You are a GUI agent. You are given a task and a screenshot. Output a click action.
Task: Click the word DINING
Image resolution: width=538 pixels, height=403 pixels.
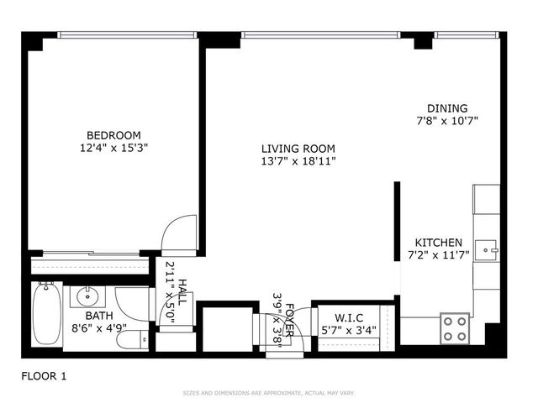tap(447, 108)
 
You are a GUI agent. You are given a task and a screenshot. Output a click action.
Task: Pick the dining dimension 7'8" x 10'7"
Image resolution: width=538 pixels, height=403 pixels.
tap(447, 121)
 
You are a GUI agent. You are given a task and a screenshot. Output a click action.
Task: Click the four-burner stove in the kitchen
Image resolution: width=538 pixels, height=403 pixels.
tap(456, 327)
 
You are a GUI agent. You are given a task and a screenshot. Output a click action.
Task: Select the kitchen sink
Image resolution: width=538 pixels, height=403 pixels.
tap(487, 250)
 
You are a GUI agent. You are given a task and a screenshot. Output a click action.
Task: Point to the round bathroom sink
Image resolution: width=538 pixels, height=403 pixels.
tap(87, 296)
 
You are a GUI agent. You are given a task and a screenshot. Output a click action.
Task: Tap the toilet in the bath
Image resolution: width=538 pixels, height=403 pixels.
tap(129, 339)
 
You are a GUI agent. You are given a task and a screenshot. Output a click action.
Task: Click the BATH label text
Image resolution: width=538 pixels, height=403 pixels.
tap(98, 316)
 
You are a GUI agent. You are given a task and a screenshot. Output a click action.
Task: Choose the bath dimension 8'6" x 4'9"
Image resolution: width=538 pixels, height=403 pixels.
tap(98, 328)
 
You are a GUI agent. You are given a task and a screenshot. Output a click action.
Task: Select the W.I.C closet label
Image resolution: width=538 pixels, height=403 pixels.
tap(348, 317)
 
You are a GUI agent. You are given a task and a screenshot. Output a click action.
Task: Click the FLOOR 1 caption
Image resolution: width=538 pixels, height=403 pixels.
tap(44, 376)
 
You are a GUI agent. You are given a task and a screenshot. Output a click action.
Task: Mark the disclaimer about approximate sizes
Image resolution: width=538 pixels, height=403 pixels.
tap(268, 393)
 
